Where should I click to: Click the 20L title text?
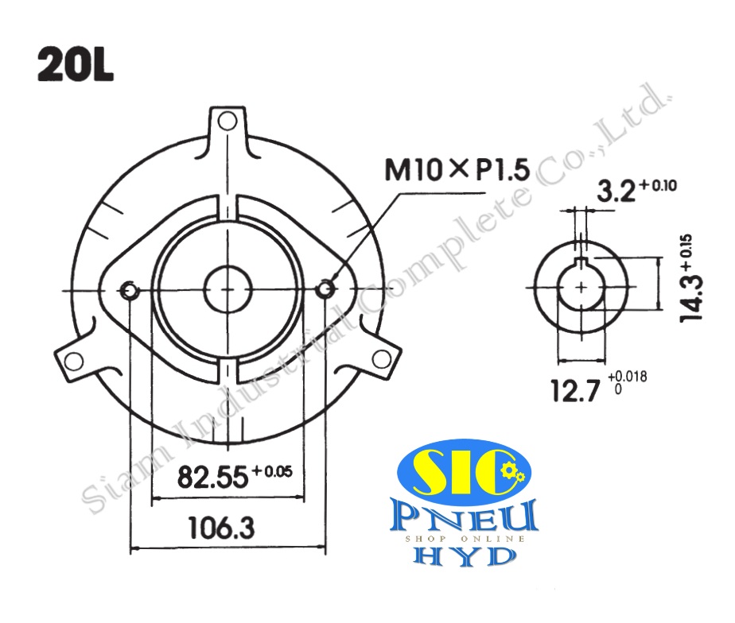(76, 66)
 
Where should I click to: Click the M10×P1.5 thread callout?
(457, 169)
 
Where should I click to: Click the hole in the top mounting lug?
(227, 121)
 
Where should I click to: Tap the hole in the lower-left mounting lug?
(73, 362)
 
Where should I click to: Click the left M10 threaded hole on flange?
(130, 291)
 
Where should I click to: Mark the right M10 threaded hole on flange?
(325, 291)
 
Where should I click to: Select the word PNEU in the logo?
(465, 517)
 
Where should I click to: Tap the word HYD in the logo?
(465, 556)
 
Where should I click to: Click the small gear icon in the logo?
(512, 474)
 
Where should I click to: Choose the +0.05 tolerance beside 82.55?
(272, 471)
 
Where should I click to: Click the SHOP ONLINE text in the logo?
(465, 539)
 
